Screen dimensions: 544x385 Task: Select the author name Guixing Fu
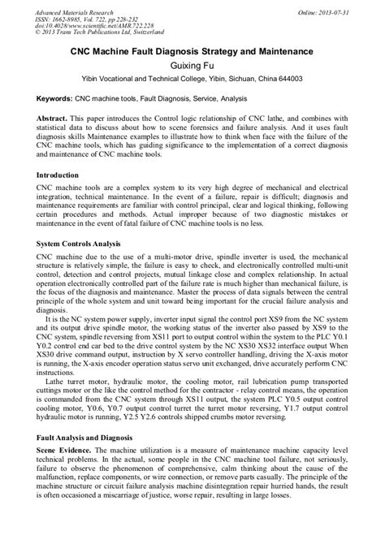pyautogui.click(x=192, y=68)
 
